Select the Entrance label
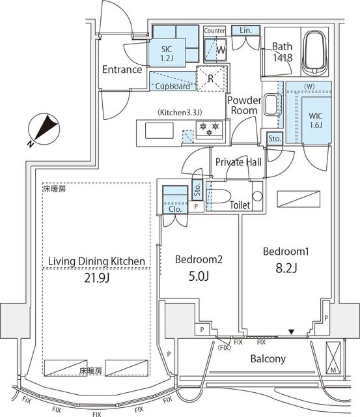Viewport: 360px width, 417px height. (122, 70)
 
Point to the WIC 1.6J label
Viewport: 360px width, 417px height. (315, 122)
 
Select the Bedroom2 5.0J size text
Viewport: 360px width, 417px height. (199, 276)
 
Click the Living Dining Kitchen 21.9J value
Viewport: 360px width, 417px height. (96, 278)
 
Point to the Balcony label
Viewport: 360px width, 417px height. (269, 359)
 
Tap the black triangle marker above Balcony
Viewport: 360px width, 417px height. (292, 334)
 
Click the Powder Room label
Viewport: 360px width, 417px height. (244, 106)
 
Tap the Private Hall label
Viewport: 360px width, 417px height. (239, 162)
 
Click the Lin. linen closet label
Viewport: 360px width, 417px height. (245, 31)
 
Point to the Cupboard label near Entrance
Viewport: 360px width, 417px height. (173, 86)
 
